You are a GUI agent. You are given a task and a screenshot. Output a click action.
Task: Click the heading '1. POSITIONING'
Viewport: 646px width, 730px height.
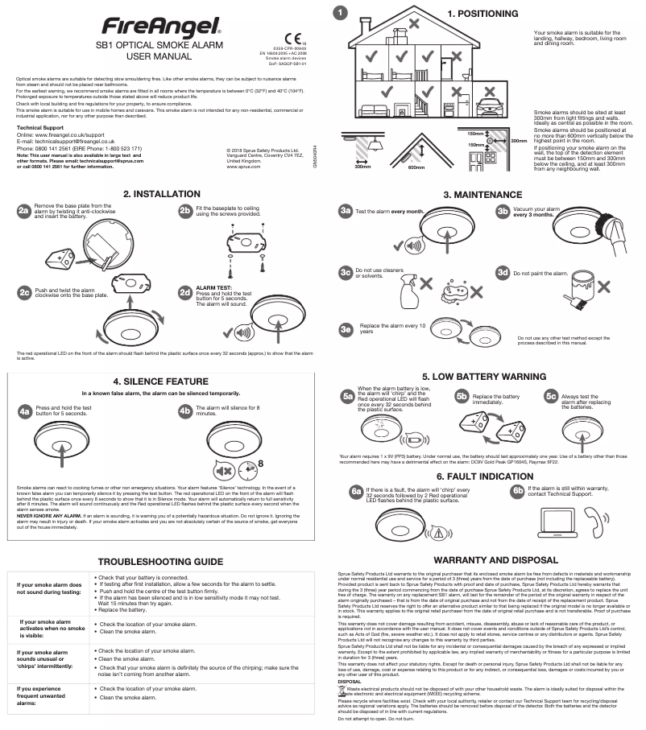pos(482,14)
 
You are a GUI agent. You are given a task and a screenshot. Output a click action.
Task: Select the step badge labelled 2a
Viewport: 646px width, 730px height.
pos(23,210)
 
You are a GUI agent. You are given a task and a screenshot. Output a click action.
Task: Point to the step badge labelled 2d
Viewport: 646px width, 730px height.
pos(184,291)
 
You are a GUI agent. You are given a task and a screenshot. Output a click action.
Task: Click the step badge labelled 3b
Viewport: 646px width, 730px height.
pos(503,211)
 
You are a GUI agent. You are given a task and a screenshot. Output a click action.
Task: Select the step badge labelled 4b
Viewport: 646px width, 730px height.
pos(184,411)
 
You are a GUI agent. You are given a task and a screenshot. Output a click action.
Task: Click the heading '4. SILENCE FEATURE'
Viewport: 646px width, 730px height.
pos(160,381)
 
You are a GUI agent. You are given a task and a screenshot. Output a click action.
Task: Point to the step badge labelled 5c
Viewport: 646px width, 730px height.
pos(551,396)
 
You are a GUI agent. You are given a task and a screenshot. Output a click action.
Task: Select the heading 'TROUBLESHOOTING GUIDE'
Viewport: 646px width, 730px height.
pos(160,560)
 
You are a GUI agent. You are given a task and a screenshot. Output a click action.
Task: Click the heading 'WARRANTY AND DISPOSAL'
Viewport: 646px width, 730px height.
pos(482,559)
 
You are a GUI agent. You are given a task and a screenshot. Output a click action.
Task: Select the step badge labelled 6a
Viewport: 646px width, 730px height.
pos(355,490)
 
